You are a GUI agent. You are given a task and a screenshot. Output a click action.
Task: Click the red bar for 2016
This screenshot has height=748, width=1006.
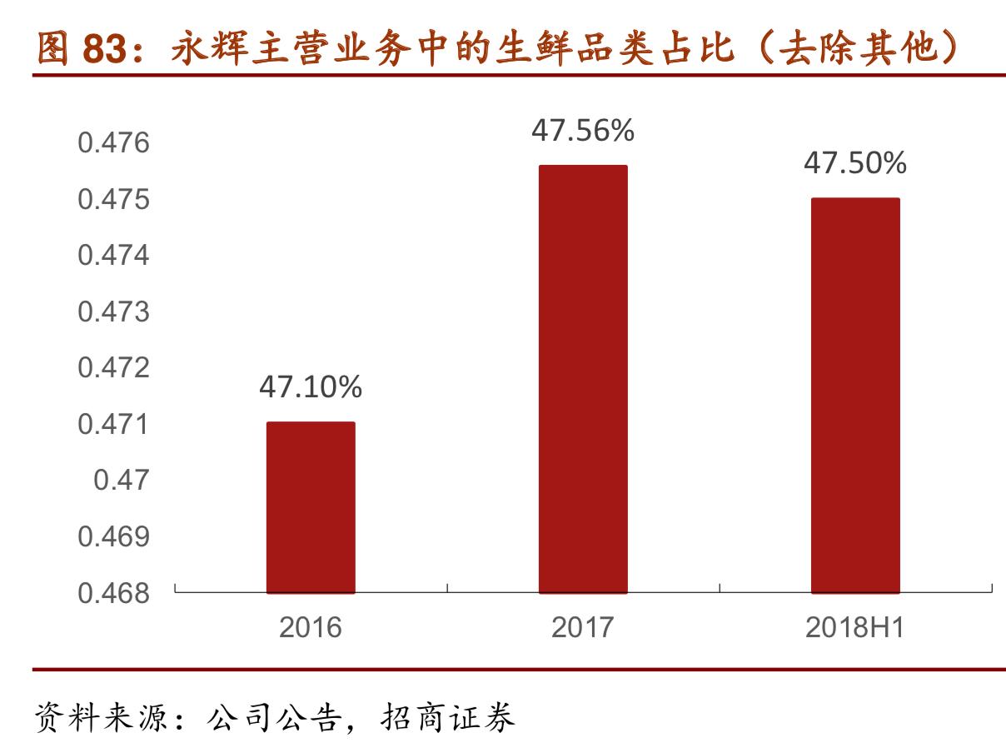click(311, 507)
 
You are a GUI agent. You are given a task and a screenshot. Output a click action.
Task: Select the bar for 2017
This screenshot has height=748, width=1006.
click(583, 379)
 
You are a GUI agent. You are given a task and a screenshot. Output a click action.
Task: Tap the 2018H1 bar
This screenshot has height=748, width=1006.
click(855, 396)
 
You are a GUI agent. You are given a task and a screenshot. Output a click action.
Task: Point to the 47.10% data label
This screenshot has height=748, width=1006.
click(311, 386)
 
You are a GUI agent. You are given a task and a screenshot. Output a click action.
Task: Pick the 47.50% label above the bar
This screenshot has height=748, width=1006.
click(855, 163)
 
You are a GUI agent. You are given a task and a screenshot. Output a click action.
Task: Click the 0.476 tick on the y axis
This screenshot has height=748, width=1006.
click(114, 143)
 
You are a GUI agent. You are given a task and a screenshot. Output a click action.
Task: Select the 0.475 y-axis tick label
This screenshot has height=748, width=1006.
click(114, 200)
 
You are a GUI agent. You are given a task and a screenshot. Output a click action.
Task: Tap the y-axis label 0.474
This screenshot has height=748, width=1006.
click(114, 256)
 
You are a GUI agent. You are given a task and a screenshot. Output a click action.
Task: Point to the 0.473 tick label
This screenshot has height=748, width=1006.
click(114, 312)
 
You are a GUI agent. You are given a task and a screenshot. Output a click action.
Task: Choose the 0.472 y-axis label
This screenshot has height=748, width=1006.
click(114, 368)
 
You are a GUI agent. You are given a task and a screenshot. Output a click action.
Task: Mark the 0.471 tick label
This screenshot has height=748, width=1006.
click(114, 425)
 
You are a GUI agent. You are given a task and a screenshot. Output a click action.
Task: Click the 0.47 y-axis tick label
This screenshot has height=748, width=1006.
click(122, 481)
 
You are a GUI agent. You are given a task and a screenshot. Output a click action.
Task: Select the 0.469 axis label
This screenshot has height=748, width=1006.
click(114, 537)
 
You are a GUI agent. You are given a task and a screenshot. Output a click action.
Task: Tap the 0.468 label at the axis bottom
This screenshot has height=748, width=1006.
click(114, 593)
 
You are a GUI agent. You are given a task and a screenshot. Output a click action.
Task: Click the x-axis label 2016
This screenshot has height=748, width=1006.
click(311, 627)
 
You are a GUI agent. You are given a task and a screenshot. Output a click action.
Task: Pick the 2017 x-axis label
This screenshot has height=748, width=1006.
click(583, 627)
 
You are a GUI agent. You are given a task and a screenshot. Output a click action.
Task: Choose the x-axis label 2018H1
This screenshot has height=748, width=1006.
click(855, 627)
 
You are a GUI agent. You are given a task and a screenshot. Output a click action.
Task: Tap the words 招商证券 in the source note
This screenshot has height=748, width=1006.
click(448, 716)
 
